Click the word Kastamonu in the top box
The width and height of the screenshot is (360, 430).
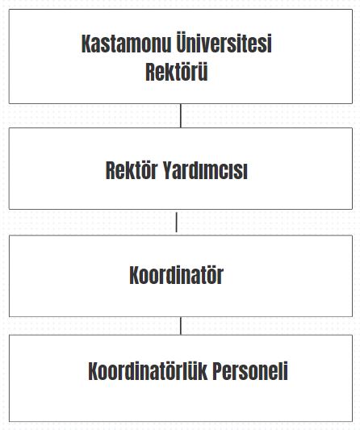[x=126, y=44]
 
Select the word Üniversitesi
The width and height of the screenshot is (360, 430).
[x=224, y=42]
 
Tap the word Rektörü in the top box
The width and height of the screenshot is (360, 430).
[x=177, y=72]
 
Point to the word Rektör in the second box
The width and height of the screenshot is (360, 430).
[x=132, y=170]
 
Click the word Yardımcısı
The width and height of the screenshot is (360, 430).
[x=205, y=170]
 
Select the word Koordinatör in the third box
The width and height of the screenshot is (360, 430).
[x=177, y=275]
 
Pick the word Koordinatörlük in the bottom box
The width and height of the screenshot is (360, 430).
[x=148, y=371]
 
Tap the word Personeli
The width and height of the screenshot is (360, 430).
[x=250, y=371]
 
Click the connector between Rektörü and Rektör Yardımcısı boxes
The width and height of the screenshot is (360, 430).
[x=181, y=115]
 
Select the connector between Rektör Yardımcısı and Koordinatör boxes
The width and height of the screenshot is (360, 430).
[x=177, y=222]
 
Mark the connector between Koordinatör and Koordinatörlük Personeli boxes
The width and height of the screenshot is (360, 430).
[x=181, y=326]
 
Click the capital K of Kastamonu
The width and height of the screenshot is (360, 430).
[x=86, y=44]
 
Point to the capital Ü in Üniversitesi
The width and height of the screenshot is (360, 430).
[x=181, y=42]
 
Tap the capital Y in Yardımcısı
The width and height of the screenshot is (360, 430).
[x=168, y=170]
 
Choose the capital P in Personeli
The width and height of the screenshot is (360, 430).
[x=218, y=371]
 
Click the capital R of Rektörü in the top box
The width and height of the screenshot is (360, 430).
[x=150, y=72]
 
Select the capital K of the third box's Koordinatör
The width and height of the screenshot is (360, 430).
[x=135, y=275]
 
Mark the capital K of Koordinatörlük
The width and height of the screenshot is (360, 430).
[x=94, y=371]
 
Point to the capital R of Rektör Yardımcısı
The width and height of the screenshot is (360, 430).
[x=111, y=170]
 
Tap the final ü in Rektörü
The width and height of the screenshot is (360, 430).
[x=203, y=73]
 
